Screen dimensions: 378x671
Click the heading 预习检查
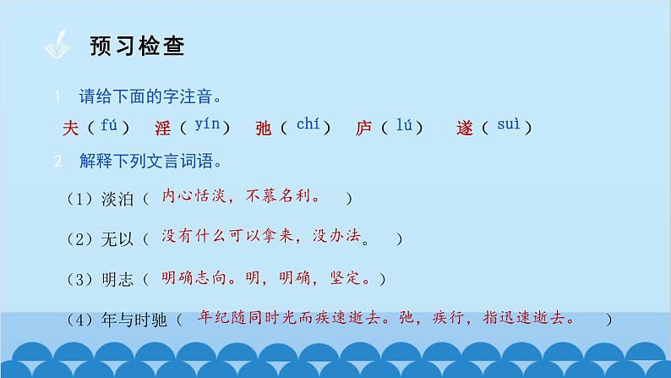click(137, 46)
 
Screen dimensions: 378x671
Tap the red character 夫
click(71, 128)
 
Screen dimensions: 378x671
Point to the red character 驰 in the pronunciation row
click(263, 129)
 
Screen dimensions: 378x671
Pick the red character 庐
click(364, 129)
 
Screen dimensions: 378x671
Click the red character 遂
click(464, 129)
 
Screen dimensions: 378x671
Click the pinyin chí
click(307, 125)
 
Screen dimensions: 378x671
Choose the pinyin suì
click(506, 127)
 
